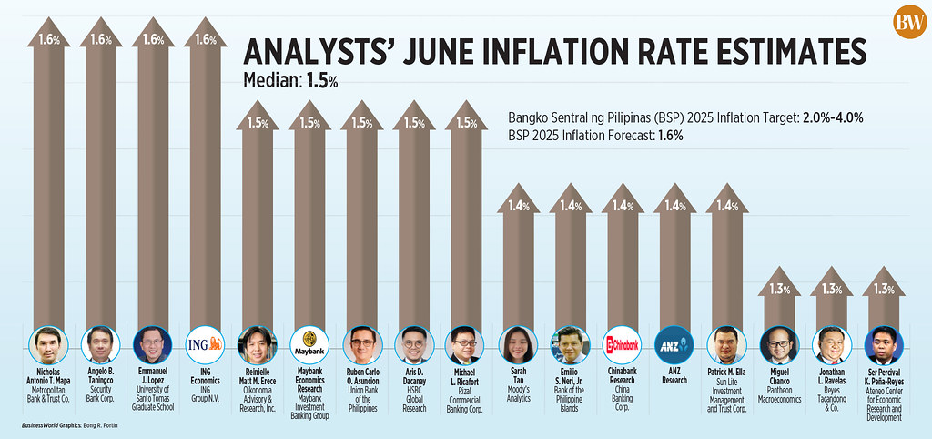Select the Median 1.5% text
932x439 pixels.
coord(290,80)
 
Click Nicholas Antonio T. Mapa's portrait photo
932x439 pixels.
coord(48,345)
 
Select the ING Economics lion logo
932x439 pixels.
coord(204,345)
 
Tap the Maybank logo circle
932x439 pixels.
coord(308,345)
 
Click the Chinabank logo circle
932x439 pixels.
coord(623,345)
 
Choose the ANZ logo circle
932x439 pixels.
coord(675,345)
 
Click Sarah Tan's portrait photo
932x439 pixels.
coord(518,345)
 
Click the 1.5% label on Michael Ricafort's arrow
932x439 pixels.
coord(466,123)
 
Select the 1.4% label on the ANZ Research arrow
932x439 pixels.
coord(675,207)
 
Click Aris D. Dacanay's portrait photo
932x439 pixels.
coord(414,345)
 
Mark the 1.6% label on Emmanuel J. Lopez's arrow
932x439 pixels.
coord(152,40)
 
